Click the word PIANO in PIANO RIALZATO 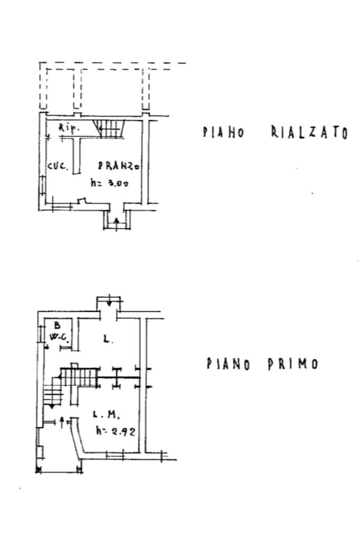pos(223,132)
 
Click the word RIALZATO pos(309,132)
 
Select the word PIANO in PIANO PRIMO pos(228,364)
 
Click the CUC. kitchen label pos(57,166)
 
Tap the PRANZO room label pos(119,166)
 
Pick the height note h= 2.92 pos(116,431)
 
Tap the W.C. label pos(56,335)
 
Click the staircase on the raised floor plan pos(109,127)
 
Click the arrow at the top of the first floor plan pos(109,302)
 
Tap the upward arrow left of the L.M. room pos(63,421)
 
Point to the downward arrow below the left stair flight pos(52,407)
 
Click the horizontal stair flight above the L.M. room pos(79,376)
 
